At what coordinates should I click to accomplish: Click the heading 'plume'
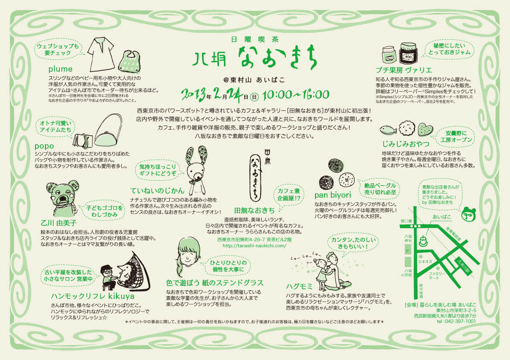tap(60, 69)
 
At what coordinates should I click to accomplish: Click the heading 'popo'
tap(44, 146)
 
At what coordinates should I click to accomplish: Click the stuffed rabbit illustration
tap(196, 170)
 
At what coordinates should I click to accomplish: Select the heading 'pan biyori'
tap(333, 195)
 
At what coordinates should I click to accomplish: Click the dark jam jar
tap(408, 53)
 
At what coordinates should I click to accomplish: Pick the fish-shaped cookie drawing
tap(388, 130)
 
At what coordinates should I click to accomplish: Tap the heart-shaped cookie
tap(425, 130)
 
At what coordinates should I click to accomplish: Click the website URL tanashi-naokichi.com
tap(254, 246)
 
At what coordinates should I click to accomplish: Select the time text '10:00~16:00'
tap(296, 95)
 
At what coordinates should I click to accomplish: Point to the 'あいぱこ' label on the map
tap(442, 216)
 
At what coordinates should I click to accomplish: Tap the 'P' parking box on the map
tap(408, 251)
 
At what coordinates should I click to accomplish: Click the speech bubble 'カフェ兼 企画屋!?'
tap(289, 195)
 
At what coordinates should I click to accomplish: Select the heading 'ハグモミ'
tap(299, 286)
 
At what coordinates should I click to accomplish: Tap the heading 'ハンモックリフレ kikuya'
tap(92, 296)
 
